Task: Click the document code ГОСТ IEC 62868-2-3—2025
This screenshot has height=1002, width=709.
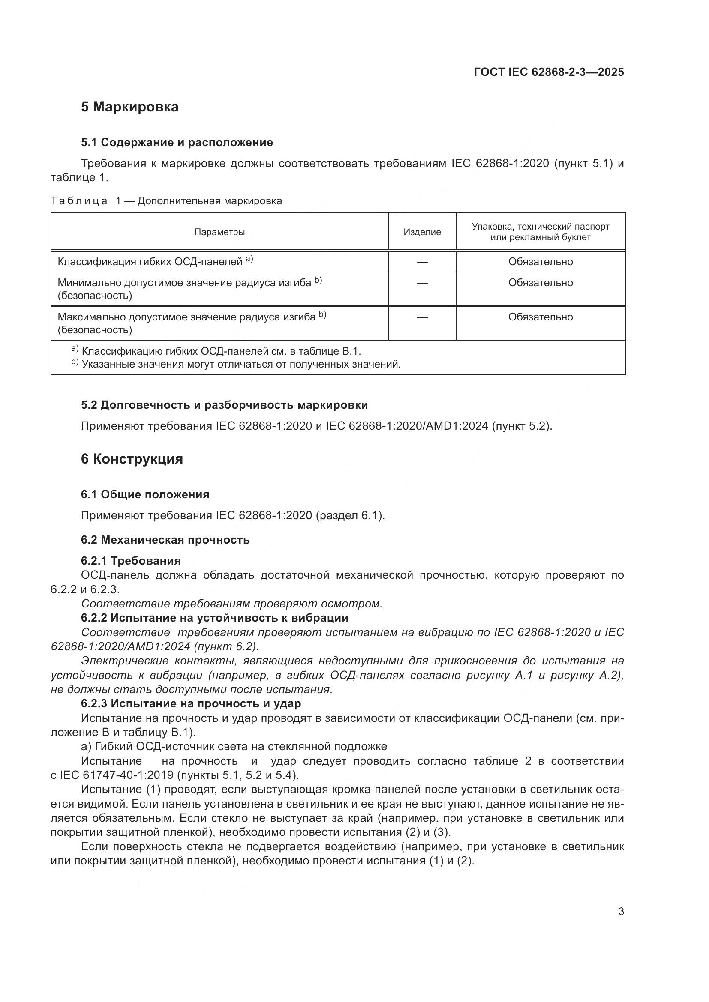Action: pos(548,72)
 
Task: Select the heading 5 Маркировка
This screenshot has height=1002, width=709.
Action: pos(129,107)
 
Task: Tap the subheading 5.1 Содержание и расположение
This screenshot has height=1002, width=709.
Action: pos(177,142)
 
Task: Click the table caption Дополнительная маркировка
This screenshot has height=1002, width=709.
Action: pos(210,201)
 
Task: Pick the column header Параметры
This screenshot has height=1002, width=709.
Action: pos(219,232)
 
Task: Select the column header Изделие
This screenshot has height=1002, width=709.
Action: pos(422,232)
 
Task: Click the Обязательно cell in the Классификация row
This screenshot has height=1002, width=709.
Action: pos(540,262)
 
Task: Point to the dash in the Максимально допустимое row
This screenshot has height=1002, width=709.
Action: pos(422,317)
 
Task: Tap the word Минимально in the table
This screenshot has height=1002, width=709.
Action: pos(90,283)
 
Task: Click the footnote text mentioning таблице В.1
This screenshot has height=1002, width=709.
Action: pos(221,351)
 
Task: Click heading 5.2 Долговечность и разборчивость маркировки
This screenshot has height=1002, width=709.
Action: pos(224,405)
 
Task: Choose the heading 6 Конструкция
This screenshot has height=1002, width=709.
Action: pos(132,459)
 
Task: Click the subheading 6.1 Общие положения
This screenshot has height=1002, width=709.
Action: pos(145,494)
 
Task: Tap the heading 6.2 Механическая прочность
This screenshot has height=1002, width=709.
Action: pos(165,540)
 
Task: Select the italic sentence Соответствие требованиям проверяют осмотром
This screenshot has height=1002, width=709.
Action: pos(231,604)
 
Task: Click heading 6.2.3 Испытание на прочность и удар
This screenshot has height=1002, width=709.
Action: pos(191,703)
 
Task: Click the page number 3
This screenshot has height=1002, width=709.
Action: pos(621,912)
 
